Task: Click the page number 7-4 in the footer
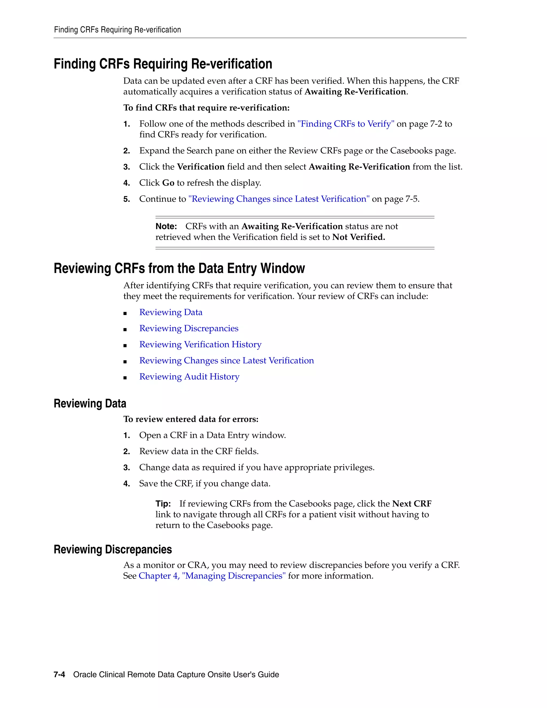(59, 674)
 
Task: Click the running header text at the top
(117, 30)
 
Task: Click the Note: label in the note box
(166, 226)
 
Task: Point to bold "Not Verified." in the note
(358, 237)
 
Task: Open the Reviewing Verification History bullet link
(200, 344)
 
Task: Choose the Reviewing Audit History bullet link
(189, 376)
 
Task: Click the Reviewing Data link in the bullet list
(171, 312)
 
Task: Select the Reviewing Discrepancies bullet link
(189, 328)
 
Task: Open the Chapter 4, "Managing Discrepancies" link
(212, 576)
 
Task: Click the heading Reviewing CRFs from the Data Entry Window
(179, 269)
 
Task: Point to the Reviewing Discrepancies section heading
(113, 550)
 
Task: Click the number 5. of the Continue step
(126, 199)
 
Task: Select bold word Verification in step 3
(201, 167)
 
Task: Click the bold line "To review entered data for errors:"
(191, 419)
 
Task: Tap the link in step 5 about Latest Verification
(279, 199)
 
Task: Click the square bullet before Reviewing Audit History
(125, 377)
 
